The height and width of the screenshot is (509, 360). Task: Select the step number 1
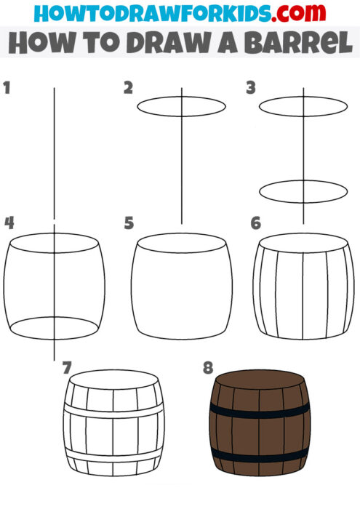coord(7,88)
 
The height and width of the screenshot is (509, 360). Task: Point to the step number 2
coord(129,88)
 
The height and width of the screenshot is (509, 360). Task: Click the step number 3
coord(252,88)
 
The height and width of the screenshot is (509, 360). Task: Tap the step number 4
coord(8,223)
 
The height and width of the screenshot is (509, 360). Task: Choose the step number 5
coord(129,223)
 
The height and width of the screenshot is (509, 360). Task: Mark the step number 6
coord(255,223)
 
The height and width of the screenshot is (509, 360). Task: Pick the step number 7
coord(68,368)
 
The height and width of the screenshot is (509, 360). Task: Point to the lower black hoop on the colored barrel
coord(260,457)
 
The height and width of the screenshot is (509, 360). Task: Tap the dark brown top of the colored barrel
coord(260,381)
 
